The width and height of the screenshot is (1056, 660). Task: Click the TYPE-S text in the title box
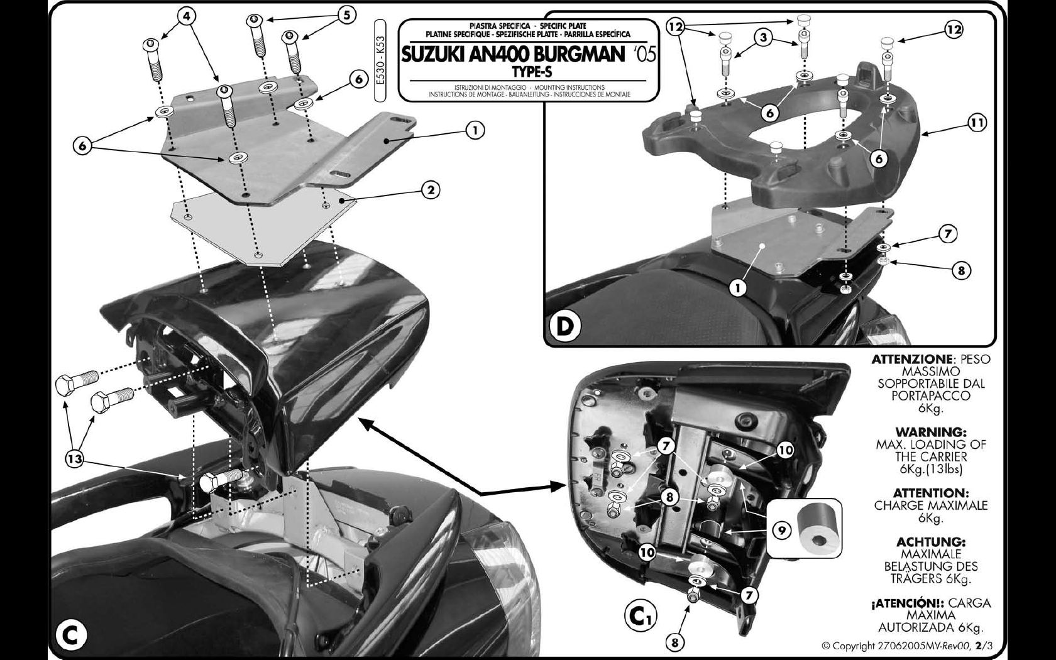click(x=531, y=72)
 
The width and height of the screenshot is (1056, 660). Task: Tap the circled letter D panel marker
click(x=564, y=326)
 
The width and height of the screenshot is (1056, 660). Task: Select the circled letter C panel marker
click(x=70, y=635)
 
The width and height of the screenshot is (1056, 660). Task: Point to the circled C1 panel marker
click(x=640, y=616)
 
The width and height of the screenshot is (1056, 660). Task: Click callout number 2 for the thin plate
click(x=431, y=190)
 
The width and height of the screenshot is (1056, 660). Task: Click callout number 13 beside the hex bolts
click(x=74, y=458)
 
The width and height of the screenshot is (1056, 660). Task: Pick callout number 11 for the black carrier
click(x=977, y=123)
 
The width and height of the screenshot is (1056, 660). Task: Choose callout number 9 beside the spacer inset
click(x=782, y=531)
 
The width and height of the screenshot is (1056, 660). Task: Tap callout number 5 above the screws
click(x=346, y=15)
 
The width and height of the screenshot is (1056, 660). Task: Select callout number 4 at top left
click(x=186, y=16)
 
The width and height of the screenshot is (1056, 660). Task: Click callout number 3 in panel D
click(x=763, y=37)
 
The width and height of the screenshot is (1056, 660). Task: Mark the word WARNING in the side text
click(x=931, y=432)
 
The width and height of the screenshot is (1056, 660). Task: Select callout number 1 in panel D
click(x=738, y=287)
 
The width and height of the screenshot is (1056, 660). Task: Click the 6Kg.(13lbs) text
click(x=931, y=469)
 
